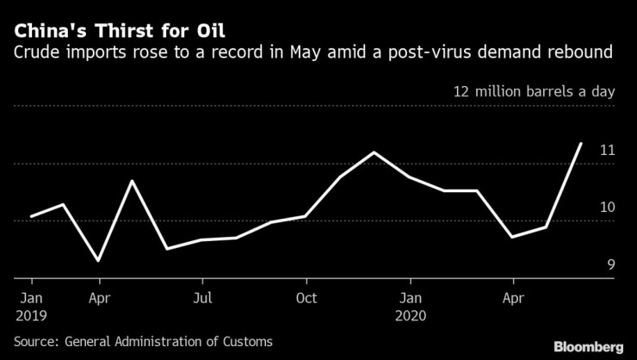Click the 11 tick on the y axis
tap(607, 151)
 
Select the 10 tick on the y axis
tap(607, 208)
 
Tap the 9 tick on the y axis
tap(611, 264)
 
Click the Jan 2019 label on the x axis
tap(31, 306)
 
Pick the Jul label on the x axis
tap(202, 298)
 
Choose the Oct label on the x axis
tap(306, 298)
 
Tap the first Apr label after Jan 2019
tap(100, 298)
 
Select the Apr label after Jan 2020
tap(513, 298)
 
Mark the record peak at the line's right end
tap(581, 144)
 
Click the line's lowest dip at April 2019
tap(100, 260)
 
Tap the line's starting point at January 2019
tap(31, 216)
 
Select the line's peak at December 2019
tap(374, 152)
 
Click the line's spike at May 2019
tap(133, 181)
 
